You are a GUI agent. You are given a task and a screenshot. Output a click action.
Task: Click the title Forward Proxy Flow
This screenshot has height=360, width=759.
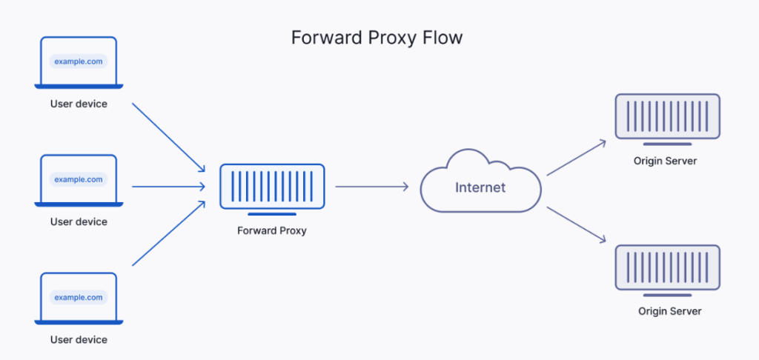(377, 38)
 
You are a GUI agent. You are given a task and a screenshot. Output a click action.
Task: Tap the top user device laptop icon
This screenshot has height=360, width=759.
(79, 62)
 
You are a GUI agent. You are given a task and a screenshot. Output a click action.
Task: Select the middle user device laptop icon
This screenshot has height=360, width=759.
(79, 180)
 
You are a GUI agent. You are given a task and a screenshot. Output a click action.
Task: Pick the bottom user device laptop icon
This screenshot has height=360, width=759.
(79, 298)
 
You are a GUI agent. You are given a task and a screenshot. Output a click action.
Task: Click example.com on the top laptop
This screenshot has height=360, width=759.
(79, 61)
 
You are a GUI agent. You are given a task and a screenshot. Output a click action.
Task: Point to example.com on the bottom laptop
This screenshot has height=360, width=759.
(79, 297)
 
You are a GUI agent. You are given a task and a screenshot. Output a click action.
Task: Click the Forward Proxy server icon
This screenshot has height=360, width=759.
(272, 187)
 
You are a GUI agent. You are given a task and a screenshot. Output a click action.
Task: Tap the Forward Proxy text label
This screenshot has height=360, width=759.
(272, 230)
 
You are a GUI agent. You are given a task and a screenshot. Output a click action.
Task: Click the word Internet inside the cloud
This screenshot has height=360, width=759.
(480, 187)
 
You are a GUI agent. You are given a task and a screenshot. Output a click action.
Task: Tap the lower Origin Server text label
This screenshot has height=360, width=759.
(669, 311)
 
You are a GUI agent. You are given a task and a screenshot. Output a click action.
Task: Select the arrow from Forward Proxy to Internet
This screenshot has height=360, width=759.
(372, 187)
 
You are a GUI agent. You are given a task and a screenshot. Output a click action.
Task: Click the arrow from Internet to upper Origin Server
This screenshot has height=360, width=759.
(577, 158)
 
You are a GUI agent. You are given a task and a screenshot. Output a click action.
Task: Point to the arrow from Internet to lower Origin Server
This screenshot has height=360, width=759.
(577, 225)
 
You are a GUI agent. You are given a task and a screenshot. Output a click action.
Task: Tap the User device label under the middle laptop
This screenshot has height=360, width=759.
(79, 221)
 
